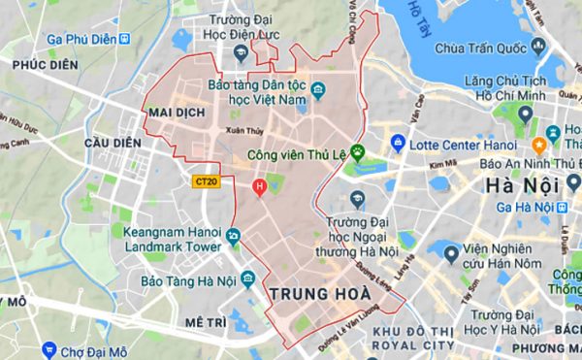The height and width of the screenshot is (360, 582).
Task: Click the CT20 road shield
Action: pyautogui.click(x=205, y=180)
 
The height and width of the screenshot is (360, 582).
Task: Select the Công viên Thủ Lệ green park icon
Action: pyautogui.click(x=357, y=151)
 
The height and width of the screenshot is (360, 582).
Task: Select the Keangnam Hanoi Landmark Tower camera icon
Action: pyautogui.click(x=233, y=236)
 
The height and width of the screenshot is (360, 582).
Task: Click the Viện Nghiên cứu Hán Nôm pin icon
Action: pyautogui.click(x=451, y=252)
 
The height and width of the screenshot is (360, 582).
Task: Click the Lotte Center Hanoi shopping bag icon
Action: pyautogui.click(x=397, y=144)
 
